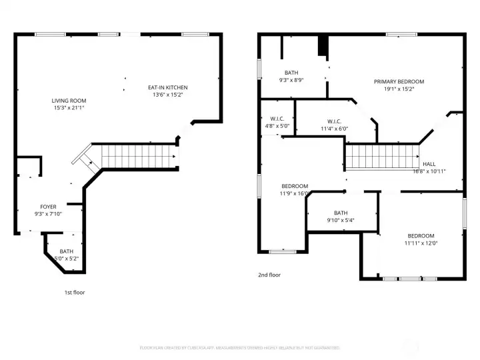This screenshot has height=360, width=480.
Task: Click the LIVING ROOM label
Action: [69, 101]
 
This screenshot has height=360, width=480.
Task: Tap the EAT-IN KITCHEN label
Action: [167, 87]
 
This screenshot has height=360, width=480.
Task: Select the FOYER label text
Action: [48, 207]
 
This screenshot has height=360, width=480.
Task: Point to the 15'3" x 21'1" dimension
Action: [69, 107]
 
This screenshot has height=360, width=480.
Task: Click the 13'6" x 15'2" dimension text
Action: [167, 95]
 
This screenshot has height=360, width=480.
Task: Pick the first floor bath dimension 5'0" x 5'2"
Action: [66, 258]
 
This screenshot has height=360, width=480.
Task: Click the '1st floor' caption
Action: [74, 292]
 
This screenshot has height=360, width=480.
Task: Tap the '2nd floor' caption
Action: [269, 275]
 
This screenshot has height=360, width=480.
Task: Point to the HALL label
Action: [429, 164]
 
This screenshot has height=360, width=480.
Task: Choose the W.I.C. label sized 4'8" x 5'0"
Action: [278, 119]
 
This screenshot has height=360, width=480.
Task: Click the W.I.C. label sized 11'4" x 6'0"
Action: [334, 121]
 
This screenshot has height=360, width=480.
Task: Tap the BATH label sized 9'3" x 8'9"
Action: [291, 73]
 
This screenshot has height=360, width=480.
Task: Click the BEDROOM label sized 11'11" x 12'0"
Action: [421, 236]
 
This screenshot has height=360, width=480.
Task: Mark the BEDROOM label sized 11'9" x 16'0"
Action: [294, 186]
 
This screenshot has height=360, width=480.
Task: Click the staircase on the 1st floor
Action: [137, 157]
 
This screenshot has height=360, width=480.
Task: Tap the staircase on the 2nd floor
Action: [380, 158]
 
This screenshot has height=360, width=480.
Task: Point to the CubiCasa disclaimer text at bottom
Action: [239, 347]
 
